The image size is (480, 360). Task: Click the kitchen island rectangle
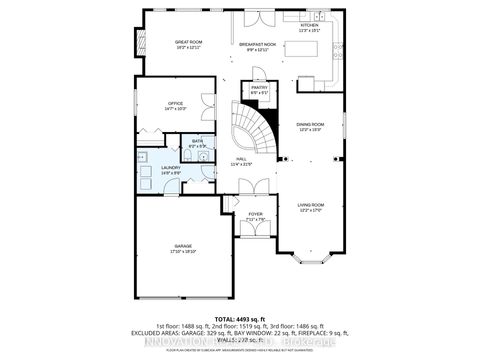click(x=310, y=70)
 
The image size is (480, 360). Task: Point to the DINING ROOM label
click(x=310, y=125)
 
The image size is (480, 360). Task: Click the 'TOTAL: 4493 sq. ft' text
click(x=239, y=318)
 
